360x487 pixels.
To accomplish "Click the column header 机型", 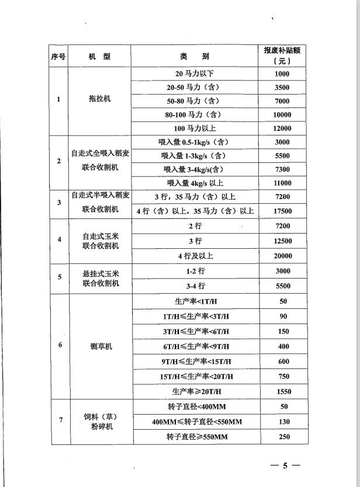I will pos(99,57).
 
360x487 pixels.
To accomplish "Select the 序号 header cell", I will pos(58,57).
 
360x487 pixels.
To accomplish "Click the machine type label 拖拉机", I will pos(99,99).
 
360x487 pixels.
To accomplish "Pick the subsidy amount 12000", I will pos(282,128).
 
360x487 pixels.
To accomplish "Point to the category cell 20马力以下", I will pos(191,74).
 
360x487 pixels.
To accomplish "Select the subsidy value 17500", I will pos(282,211).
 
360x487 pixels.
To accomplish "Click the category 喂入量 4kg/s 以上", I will pos(191,183).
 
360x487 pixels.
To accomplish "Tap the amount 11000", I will pos(282,183).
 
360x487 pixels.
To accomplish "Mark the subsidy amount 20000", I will pos(282,256).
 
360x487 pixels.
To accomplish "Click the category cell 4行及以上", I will pos(195,256).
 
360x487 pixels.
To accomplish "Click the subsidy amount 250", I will pos(283,437).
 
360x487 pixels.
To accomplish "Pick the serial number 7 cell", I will pos(60,421).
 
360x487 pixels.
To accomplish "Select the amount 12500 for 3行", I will pos(282,241).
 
